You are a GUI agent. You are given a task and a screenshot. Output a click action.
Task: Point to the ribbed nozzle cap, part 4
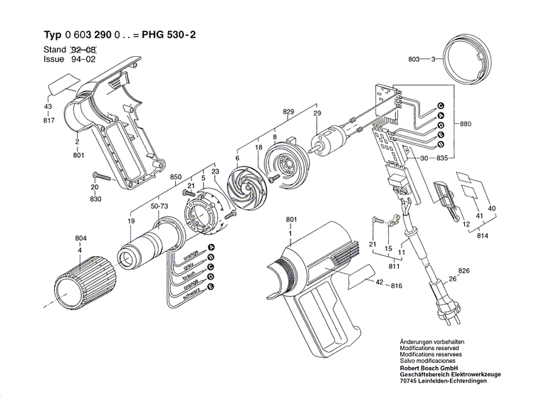click(x=81, y=282)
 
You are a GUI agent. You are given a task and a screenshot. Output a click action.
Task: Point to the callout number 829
click(x=288, y=112)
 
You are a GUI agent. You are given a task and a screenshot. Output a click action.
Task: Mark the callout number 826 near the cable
click(x=465, y=271)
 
